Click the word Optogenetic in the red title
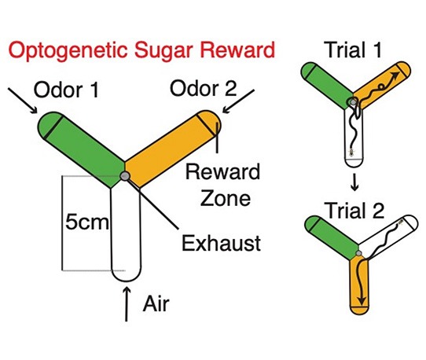68,50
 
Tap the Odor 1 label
66,90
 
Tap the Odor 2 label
204,88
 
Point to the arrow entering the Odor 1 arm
23,101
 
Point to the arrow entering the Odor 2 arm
238,101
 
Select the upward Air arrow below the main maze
127,304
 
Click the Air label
156,303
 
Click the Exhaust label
221,243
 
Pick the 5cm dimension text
87,222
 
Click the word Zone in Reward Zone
226,198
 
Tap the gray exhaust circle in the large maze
125,176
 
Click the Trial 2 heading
355,211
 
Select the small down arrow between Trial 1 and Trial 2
354,183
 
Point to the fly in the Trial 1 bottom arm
352,152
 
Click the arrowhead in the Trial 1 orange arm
395,75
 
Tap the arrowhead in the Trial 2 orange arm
362,300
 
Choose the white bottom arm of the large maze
126,233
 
